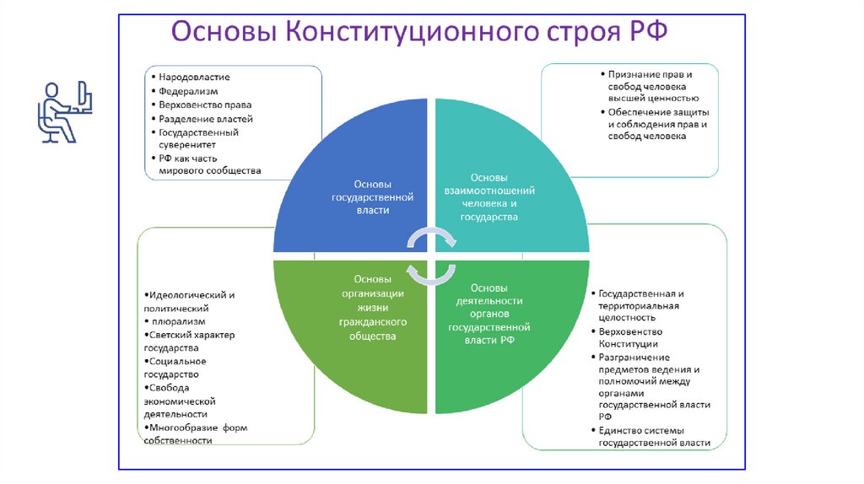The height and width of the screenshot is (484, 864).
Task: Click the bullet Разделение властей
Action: coord(206,119)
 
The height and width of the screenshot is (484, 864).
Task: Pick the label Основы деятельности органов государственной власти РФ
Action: coord(489,314)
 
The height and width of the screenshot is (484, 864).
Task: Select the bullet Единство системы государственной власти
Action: coord(655,437)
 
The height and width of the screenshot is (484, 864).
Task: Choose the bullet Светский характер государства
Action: coord(190,341)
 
